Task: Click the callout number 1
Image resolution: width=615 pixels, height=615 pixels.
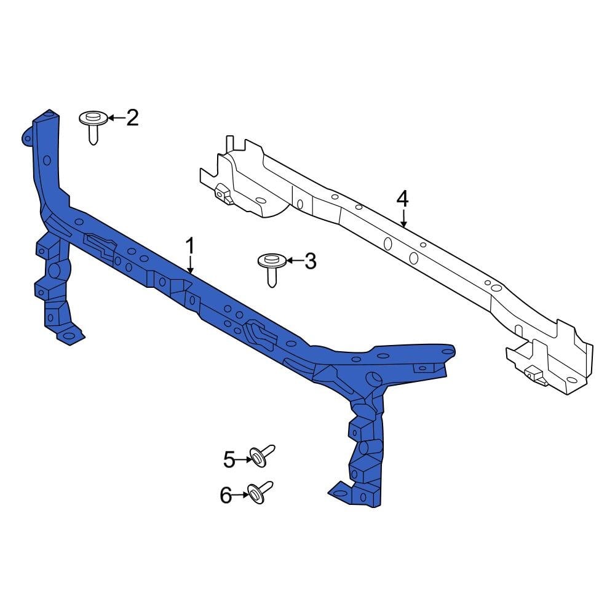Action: (x=190, y=247)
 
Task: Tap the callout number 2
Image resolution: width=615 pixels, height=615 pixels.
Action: (x=132, y=117)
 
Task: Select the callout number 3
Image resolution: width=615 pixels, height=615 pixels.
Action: (x=310, y=261)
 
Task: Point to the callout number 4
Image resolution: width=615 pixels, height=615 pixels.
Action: (x=402, y=199)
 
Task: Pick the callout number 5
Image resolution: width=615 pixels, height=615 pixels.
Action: (x=229, y=459)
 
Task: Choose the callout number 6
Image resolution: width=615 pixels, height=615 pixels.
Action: (x=226, y=495)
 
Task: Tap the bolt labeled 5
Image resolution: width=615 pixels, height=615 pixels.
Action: (x=260, y=455)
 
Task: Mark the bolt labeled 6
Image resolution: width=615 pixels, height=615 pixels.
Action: (x=259, y=491)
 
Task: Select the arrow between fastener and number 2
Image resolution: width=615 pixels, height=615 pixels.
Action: (x=116, y=117)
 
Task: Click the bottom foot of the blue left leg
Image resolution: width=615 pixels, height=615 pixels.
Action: (x=69, y=336)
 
